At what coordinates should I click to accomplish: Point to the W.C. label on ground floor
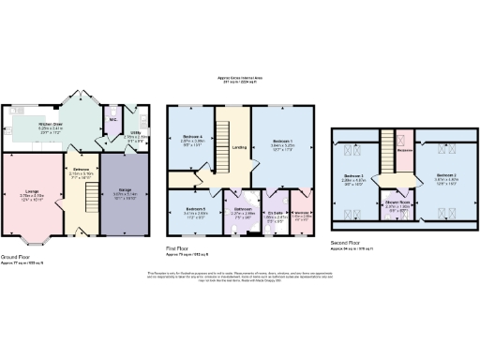(112, 119)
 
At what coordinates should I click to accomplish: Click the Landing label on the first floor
(238, 146)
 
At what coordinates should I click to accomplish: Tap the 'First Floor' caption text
(180, 249)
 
